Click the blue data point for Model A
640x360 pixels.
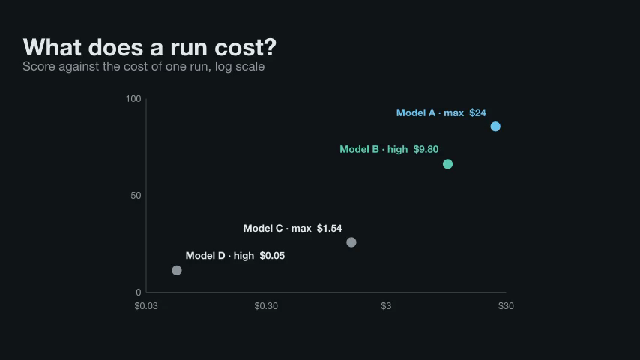tap(495, 127)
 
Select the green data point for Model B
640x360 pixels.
tap(447, 164)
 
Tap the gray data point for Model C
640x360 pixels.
tap(351, 242)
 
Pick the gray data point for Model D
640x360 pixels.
tap(177, 270)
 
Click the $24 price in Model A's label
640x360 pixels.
tap(477, 112)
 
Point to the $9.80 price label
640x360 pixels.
tap(426, 149)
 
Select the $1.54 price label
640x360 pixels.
tap(330, 229)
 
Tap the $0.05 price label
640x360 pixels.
tap(272, 256)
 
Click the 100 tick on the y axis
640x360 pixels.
tap(133, 99)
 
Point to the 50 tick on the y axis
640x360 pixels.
tap(136, 196)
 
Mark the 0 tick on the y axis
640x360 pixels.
tap(139, 292)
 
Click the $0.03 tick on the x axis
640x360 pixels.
tap(146, 306)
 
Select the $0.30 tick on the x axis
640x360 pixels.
tap(266, 306)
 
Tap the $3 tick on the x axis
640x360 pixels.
tap(386, 306)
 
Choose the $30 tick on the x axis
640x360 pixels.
tap(506, 306)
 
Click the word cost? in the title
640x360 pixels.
tap(246, 47)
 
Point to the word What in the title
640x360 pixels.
tap(52, 47)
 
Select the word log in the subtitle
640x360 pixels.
tap(223, 67)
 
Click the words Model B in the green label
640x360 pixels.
tap(359, 149)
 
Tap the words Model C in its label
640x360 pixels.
tap(263, 229)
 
